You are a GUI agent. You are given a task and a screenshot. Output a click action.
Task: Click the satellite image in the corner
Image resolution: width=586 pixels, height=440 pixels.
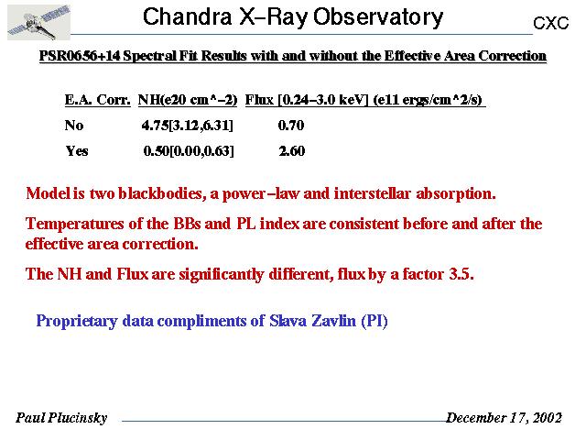pos(38,22)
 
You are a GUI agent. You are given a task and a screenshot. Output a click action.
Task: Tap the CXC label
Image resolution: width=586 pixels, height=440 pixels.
pos(551,23)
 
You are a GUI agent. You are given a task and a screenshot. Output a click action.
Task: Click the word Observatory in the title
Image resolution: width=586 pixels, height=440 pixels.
pos(378,17)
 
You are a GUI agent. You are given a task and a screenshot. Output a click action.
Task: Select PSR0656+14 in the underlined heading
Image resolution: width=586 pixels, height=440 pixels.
pos(80,56)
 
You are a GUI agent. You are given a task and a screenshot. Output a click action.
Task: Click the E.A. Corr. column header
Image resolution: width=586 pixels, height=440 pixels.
pos(98,100)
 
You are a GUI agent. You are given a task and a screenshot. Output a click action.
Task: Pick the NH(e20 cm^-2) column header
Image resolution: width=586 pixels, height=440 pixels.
pos(188,100)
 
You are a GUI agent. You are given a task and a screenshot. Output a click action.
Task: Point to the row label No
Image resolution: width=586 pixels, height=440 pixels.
pos(74,125)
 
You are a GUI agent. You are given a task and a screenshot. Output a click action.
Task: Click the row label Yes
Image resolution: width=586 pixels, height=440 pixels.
pos(77,150)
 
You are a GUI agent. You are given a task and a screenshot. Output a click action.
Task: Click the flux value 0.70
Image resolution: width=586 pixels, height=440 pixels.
pos(291,125)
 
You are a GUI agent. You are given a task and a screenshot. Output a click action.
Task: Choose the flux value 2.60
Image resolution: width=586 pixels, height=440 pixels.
pos(292,150)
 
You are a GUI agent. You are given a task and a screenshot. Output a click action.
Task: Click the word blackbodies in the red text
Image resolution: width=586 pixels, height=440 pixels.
pos(162,193)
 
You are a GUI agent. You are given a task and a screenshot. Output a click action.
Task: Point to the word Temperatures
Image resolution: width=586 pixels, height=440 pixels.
pos(75,224)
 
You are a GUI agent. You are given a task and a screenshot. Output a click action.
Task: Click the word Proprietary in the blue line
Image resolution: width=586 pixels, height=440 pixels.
pos(77,322)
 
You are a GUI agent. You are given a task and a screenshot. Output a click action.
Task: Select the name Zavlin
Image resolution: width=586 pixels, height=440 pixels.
pos(333,321)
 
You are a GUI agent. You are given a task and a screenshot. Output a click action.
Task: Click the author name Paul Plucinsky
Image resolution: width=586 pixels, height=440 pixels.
pos(61,418)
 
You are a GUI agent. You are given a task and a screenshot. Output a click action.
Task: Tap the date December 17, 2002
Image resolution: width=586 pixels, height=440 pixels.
pos(504,418)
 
